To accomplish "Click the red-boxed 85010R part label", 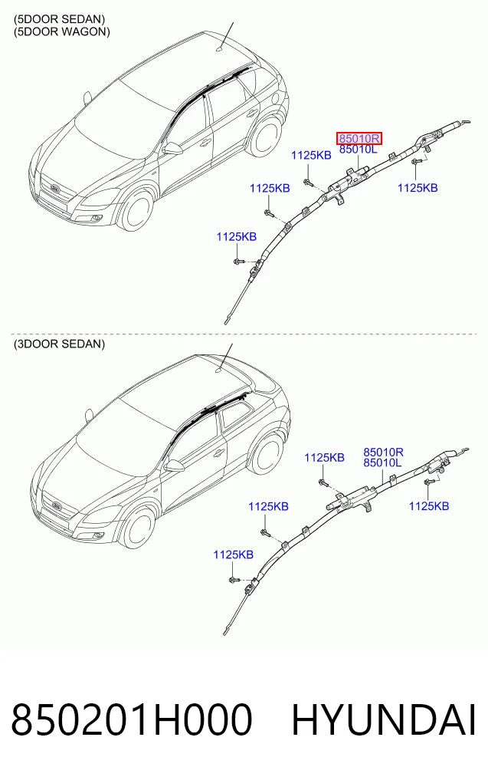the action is [x=359, y=138].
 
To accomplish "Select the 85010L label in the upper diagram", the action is [x=359, y=150].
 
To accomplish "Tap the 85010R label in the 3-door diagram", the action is [x=383, y=453].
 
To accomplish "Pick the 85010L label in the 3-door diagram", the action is [x=382, y=463].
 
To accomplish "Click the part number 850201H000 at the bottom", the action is [x=132, y=719].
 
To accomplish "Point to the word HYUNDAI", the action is [x=383, y=719].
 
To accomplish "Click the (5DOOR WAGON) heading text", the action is [x=61, y=31].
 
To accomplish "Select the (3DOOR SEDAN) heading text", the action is [x=59, y=344].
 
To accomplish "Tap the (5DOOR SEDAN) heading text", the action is [x=59, y=19].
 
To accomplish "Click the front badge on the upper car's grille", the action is [x=54, y=189].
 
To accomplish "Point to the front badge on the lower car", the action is [x=56, y=506].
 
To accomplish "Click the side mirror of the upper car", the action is [x=172, y=148].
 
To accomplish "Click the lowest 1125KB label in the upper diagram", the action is [x=237, y=237].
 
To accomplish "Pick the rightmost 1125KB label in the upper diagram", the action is [x=418, y=188].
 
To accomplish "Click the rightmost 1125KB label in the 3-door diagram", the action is [x=429, y=506].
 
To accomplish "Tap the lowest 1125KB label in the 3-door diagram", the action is [x=234, y=555].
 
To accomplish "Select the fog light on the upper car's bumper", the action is [x=96, y=218].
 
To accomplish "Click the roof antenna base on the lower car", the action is [x=220, y=370].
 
